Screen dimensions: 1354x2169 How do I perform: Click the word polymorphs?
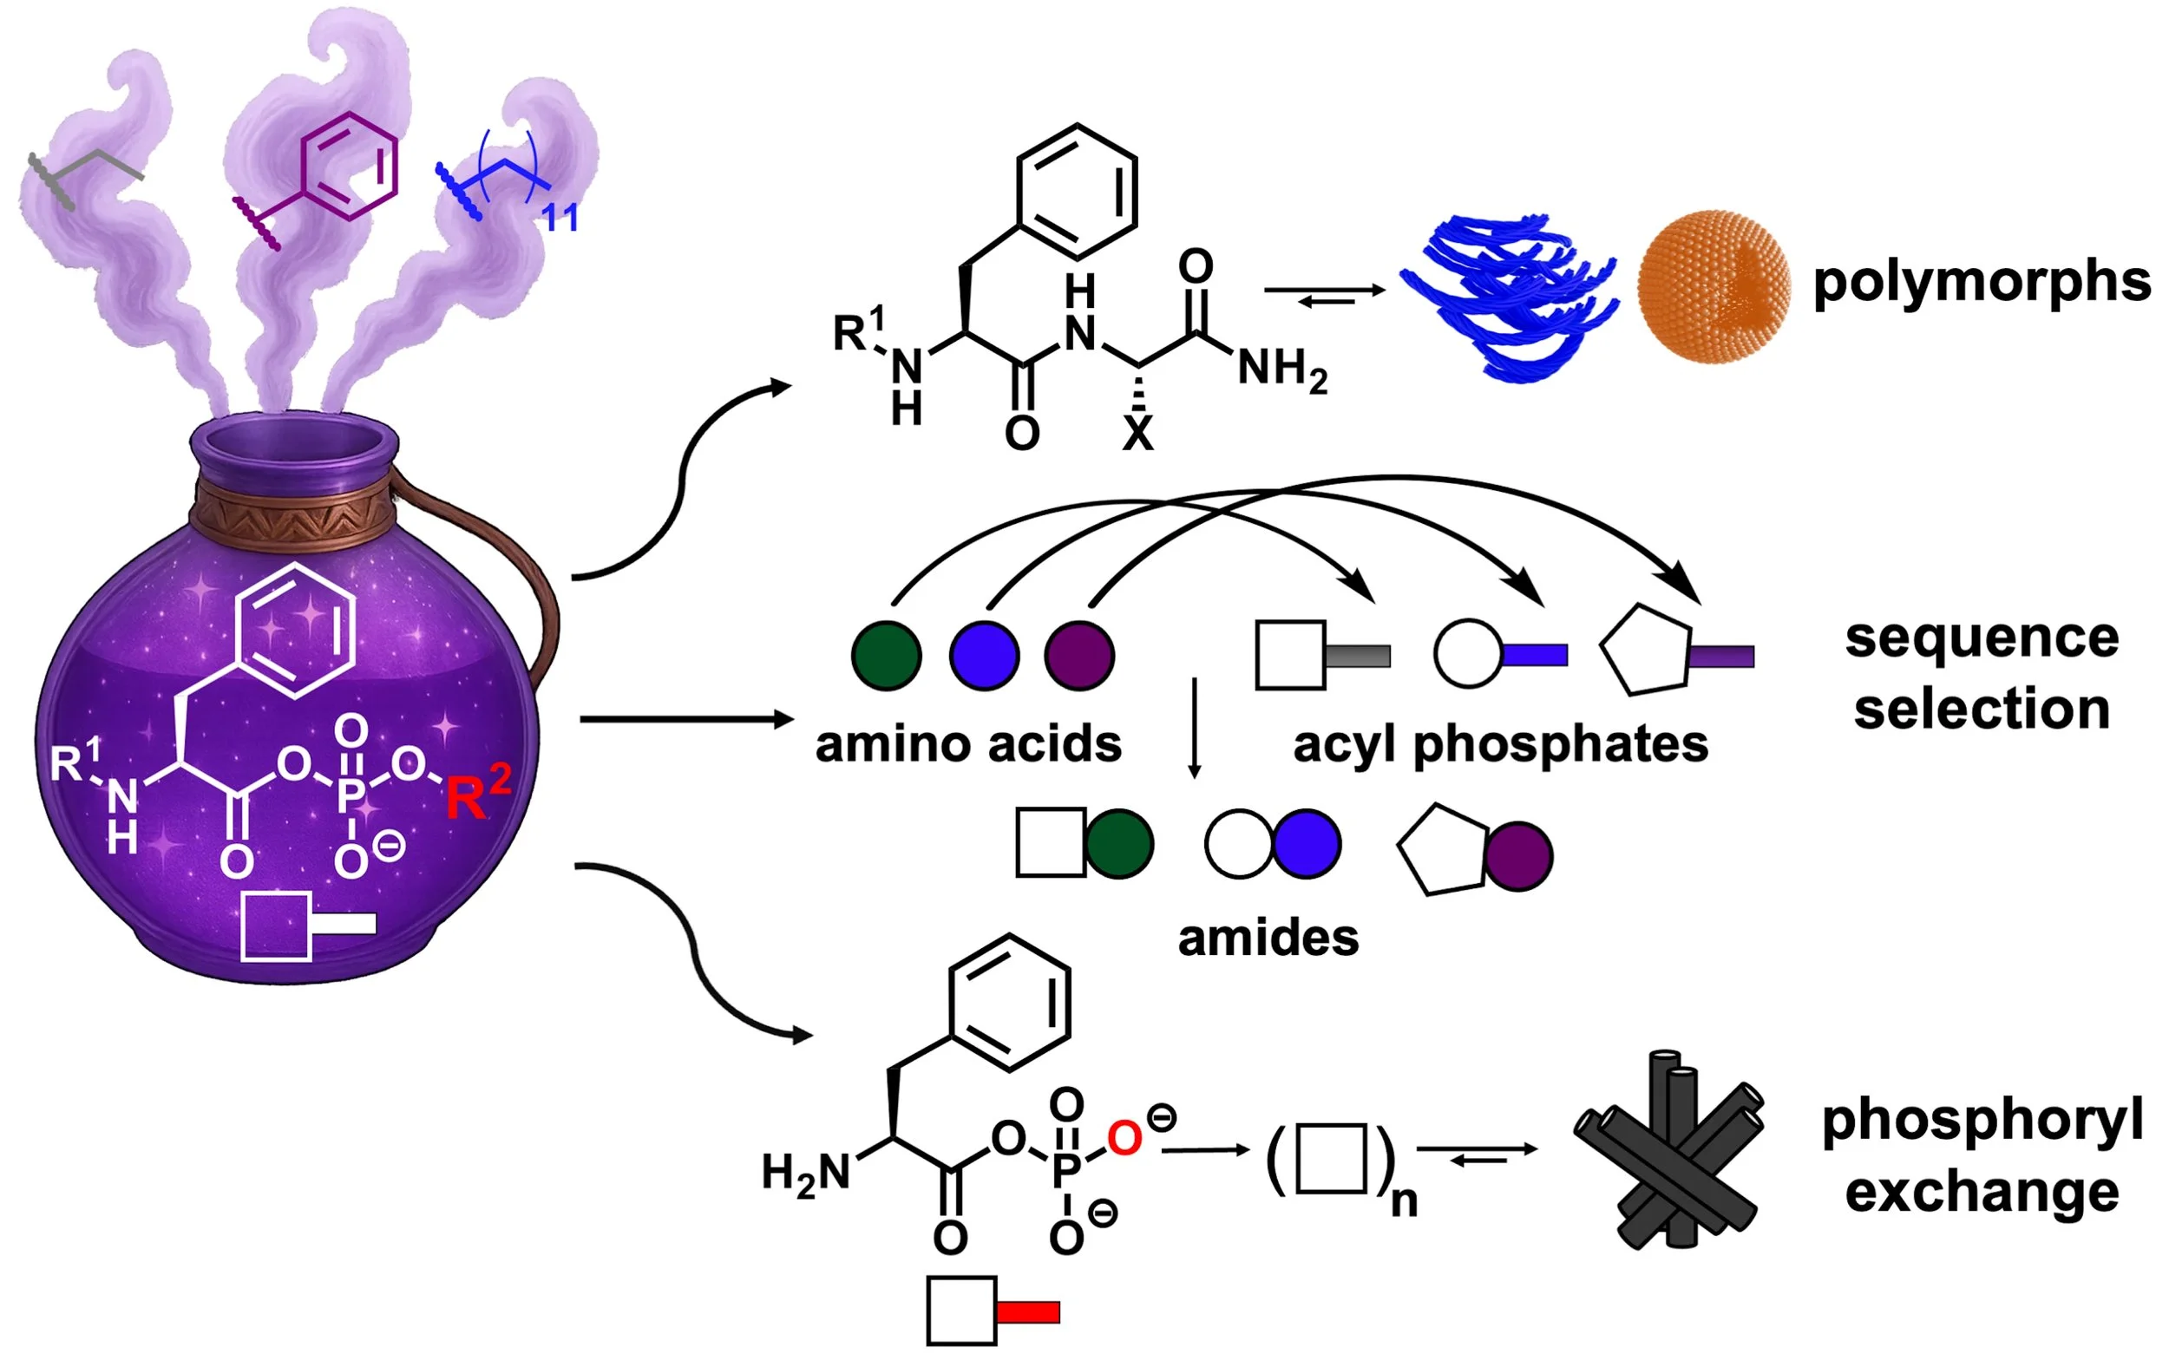click(1981, 282)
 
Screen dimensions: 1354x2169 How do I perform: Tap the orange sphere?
click(1714, 286)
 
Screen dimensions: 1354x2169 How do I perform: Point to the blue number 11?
click(560, 218)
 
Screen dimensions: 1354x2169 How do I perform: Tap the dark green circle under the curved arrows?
click(886, 656)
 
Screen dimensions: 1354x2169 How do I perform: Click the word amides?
click(1268, 939)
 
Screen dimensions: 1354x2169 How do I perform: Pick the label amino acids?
click(967, 744)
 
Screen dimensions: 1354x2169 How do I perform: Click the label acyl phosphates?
click(1500, 744)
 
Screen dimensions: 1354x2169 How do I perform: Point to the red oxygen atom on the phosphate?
click(1124, 1138)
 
